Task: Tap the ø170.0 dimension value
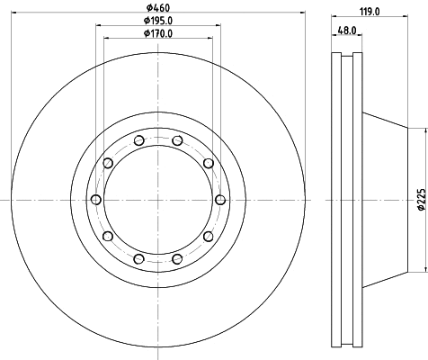(158, 34)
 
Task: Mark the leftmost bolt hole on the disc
(94, 199)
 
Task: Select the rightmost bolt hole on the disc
(220, 199)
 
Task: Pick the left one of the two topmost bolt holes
(138, 139)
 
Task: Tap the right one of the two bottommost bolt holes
(176, 259)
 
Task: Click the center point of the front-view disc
(157, 199)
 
